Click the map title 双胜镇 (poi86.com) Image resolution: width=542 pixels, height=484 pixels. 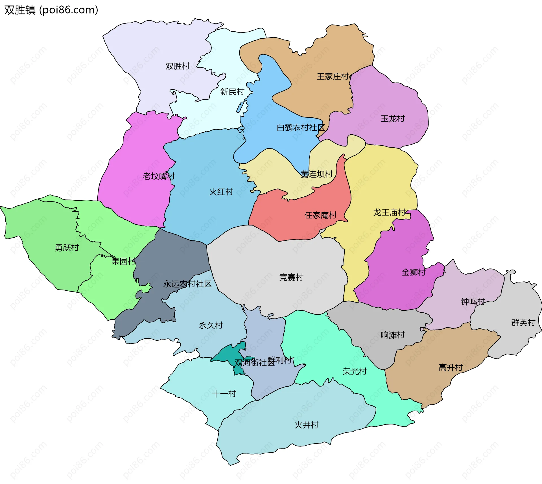coord(51,10)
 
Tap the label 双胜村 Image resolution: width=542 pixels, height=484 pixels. coord(177,66)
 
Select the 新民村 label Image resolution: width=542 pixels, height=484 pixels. coord(232,92)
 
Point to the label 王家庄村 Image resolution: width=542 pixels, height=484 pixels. coord(333,76)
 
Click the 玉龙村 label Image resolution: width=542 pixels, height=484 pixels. coord(392,119)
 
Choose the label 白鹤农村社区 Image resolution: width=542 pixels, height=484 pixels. coord(301,128)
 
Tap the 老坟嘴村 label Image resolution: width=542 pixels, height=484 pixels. coord(159,176)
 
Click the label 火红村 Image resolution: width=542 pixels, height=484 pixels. coord(221,192)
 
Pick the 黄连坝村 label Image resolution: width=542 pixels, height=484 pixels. coord(316,174)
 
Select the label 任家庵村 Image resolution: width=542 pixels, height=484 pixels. coord(320,215)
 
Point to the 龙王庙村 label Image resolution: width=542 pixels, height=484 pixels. coord(389,212)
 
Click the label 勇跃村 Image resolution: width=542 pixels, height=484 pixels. coord(67,248)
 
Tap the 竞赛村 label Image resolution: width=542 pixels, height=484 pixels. coord(291,277)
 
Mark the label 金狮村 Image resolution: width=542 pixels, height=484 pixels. coord(414,272)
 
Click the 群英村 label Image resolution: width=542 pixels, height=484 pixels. coord(523,323)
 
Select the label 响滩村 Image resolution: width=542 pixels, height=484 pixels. coord(392,335)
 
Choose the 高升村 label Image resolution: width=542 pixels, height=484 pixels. coord(451,367)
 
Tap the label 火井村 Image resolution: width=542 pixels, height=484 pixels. coord(306,425)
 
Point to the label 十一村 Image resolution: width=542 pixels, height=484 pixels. coord(224,394)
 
